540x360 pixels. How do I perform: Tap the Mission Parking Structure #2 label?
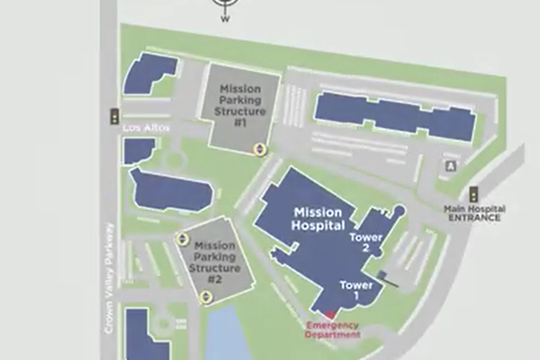pyautogui.click(x=215, y=262)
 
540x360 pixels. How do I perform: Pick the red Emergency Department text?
pyautogui.click(x=332, y=329)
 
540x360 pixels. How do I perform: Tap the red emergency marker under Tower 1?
pyautogui.click(x=315, y=315)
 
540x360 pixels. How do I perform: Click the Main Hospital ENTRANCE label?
pyautogui.click(x=474, y=214)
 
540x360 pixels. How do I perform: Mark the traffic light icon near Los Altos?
pyautogui.click(x=114, y=115)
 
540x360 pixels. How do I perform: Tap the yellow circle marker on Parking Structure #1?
pyautogui.click(x=259, y=148)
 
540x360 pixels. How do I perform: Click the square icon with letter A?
pyautogui.click(x=451, y=166)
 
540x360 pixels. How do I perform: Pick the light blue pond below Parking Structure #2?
pyautogui.click(x=225, y=335)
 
